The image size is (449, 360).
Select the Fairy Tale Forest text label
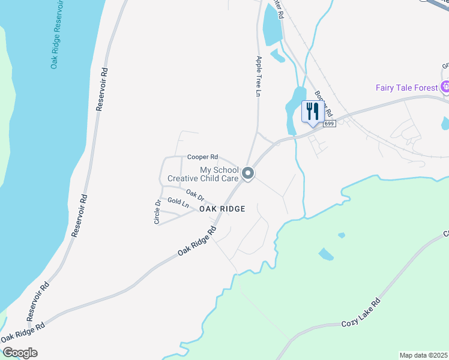click(x=407, y=88)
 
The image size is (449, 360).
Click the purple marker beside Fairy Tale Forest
click(x=445, y=88)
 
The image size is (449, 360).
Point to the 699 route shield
click(x=328, y=124)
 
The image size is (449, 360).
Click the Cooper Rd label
click(x=202, y=157)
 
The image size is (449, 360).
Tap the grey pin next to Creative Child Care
click(x=248, y=174)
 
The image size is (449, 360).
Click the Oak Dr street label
click(x=195, y=195)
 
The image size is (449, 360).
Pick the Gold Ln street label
click(x=178, y=203)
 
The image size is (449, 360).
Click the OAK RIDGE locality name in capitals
click(x=222, y=209)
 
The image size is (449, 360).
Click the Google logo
click(x=19, y=353)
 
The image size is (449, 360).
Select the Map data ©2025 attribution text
click(x=423, y=355)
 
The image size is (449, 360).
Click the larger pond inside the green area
click(x=325, y=254)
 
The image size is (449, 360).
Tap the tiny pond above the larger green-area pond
click(x=342, y=235)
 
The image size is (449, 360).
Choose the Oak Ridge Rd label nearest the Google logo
click(x=23, y=334)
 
